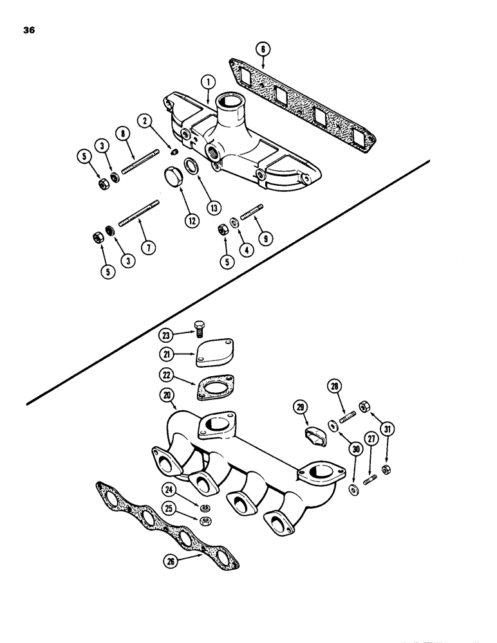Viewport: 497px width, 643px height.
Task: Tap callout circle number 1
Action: point(207,82)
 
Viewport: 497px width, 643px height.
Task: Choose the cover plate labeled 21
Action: point(214,353)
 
